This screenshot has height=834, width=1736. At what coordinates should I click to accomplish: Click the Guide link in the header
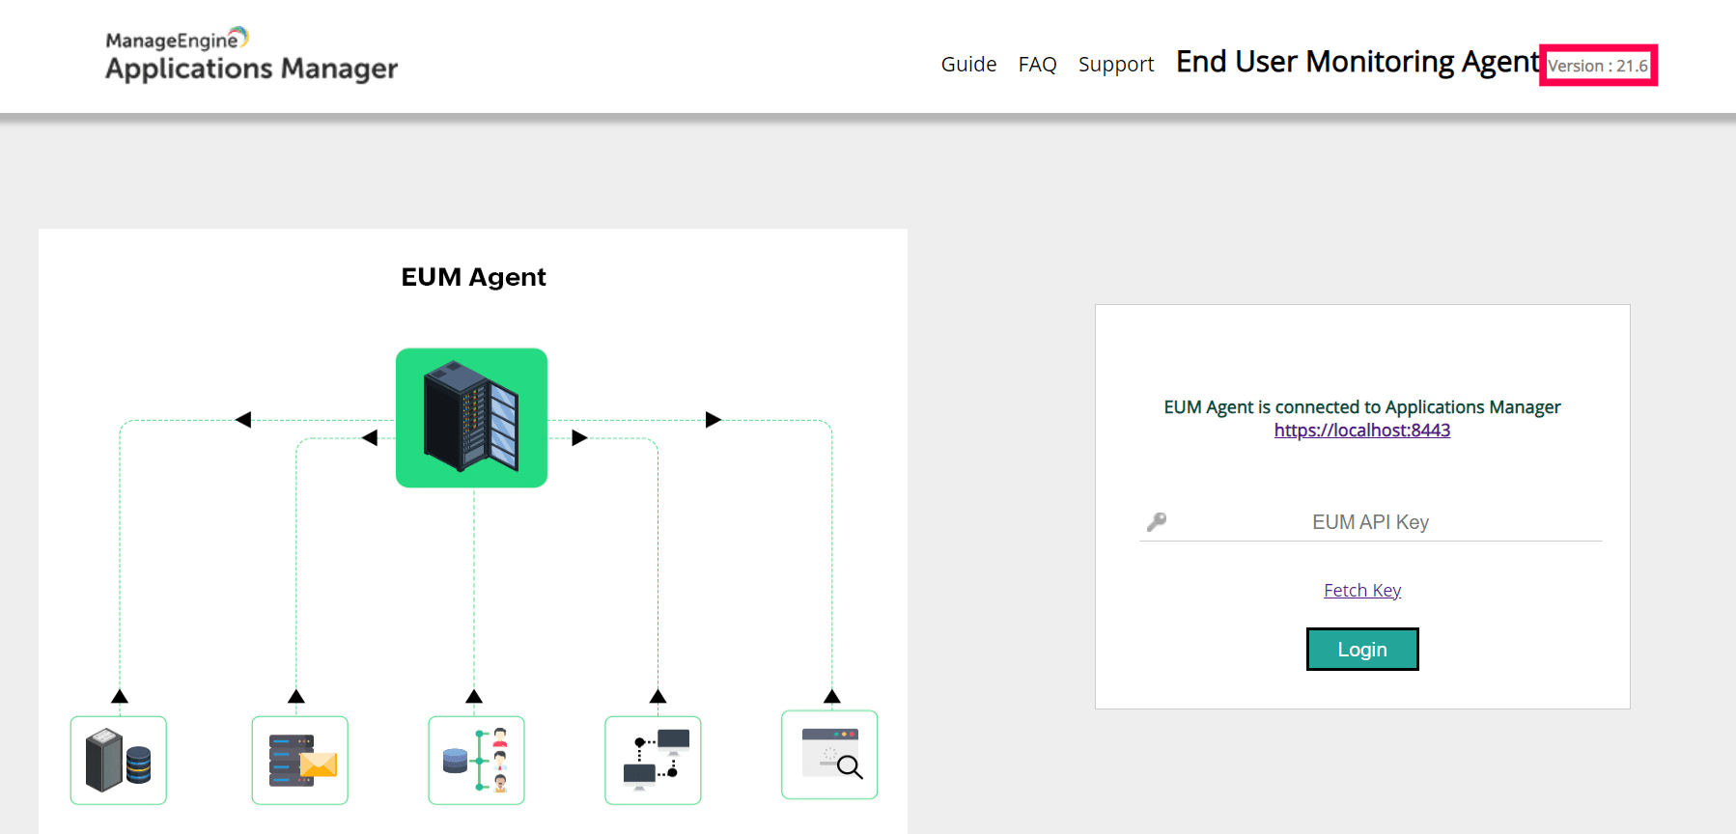click(x=968, y=65)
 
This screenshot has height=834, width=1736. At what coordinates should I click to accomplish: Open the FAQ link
click(x=1037, y=65)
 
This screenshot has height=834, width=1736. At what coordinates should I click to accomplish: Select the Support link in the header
click(x=1116, y=65)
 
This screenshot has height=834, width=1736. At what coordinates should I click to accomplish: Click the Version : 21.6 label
click(x=1598, y=66)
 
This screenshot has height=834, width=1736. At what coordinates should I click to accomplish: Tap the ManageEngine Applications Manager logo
click(x=251, y=55)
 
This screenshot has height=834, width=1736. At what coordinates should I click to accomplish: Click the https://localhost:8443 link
click(x=1361, y=431)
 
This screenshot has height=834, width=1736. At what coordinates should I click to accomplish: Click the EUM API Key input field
click(x=1370, y=522)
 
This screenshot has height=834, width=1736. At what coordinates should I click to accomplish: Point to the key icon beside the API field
click(x=1157, y=522)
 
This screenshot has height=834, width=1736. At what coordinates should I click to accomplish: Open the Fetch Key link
click(x=1361, y=591)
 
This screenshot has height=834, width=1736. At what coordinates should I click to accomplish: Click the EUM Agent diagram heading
click(x=473, y=277)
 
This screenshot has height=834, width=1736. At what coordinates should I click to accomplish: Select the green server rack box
click(x=471, y=418)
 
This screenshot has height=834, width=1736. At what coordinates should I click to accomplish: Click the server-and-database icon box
click(x=119, y=760)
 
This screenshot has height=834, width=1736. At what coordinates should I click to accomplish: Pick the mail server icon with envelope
click(x=300, y=760)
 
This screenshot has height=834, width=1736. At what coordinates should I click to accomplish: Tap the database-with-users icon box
click(x=476, y=760)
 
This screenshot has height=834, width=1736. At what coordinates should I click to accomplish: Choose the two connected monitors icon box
click(x=653, y=760)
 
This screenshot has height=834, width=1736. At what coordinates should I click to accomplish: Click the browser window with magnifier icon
click(x=829, y=755)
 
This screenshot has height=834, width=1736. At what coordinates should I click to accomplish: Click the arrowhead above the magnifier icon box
click(x=832, y=696)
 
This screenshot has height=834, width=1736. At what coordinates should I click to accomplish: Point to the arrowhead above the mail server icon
click(x=296, y=696)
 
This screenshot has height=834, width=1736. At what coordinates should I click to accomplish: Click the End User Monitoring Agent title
click(x=1357, y=62)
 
